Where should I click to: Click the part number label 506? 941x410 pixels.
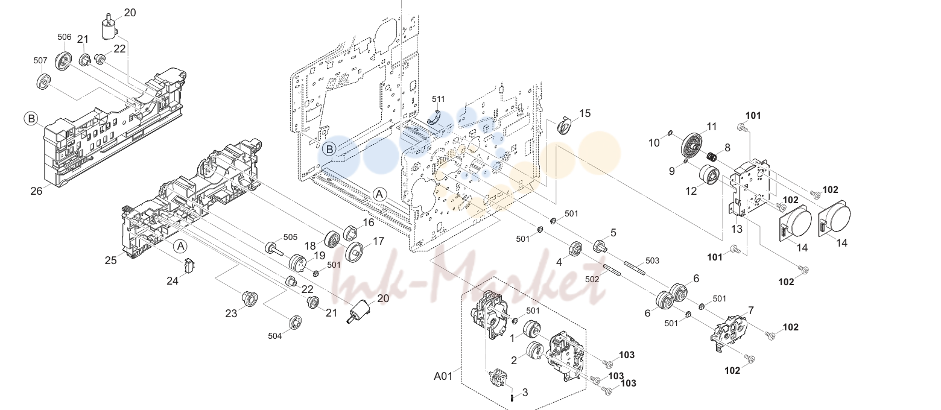tap(65, 37)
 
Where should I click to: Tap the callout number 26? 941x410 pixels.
tap(37, 191)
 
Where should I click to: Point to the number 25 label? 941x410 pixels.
tap(110, 260)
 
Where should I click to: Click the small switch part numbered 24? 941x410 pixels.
tap(189, 266)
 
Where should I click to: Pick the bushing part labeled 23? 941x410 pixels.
tap(249, 298)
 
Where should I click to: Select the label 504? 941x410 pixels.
tap(274, 336)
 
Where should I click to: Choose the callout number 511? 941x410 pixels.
tap(438, 99)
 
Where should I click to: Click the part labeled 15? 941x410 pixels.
tap(565, 126)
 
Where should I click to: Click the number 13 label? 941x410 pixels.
tap(737, 229)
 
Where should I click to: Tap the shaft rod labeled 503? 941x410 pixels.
tap(635, 268)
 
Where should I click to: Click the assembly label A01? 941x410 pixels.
tap(443, 376)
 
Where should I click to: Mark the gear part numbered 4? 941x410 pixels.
tap(575, 250)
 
